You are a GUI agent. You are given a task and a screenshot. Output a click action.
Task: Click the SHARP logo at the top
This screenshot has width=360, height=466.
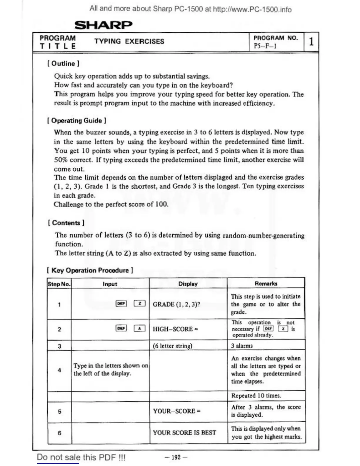click(103, 25)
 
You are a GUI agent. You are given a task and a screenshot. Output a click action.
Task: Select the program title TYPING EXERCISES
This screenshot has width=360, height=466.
click(129, 41)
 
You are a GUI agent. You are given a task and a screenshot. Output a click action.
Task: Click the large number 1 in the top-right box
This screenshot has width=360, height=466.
click(311, 41)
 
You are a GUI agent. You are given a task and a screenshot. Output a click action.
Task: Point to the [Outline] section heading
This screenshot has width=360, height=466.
click(63, 64)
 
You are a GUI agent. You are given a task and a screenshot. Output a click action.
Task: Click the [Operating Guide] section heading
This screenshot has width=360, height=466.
click(77, 121)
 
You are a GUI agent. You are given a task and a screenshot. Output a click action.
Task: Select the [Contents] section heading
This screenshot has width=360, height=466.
click(66, 223)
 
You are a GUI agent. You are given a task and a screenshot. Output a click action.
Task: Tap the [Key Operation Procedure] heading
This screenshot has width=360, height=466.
click(90, 270)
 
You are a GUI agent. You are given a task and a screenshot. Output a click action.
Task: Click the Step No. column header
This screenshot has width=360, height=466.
click(59, 284)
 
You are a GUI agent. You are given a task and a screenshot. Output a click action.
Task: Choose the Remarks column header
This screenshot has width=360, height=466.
click(266, 284)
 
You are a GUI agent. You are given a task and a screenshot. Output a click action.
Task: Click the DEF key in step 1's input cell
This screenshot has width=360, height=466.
click(121, 304)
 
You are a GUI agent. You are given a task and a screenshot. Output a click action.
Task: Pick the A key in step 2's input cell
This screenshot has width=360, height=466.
click(140, 328)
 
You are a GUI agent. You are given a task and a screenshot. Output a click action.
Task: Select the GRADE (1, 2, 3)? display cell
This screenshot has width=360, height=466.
click(176, 304)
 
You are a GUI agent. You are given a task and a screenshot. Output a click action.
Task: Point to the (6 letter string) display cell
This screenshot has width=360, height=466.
click(172, 346)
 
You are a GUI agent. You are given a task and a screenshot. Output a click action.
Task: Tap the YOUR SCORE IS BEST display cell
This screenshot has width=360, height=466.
click(184, 432)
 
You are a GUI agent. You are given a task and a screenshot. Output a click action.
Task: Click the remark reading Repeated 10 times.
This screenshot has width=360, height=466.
click(256, 396)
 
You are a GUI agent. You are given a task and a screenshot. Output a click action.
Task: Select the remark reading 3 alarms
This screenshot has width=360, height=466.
click(242, 346)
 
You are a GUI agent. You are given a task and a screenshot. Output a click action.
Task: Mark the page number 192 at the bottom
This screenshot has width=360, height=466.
click(176, 457)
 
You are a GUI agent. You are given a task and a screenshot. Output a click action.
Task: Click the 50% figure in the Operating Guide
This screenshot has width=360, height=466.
click(61, 160)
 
